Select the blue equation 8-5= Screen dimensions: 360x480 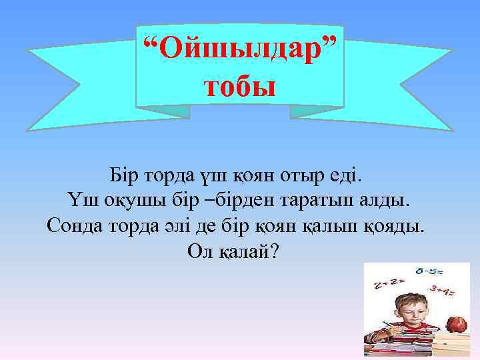pyautogui.click(x=431, y=272)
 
